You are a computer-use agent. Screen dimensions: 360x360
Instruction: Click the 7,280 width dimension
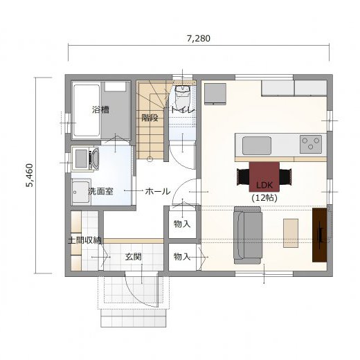point(199,39)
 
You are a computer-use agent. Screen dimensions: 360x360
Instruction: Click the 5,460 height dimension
point(30,175)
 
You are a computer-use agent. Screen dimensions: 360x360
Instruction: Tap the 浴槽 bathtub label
point(100,109)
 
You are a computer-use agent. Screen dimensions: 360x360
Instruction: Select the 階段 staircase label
point(150,118)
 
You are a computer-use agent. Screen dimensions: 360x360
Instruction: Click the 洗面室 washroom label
point(101,191)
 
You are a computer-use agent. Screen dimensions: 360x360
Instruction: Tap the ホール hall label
point(158,191)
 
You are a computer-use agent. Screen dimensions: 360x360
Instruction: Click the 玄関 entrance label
point(134,257)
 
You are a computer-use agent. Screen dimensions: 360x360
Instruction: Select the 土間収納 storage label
point(84,240)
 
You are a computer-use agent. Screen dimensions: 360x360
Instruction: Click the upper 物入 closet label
point(182,224)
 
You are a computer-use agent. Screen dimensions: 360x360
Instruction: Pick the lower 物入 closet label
point(182,257)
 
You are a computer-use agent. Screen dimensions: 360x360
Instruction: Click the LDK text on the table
point(264,185)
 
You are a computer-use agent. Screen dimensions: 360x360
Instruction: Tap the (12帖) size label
point(264,198)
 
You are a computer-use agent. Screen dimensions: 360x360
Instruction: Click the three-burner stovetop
point(311,145)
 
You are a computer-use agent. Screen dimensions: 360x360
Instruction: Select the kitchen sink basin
point(257,145)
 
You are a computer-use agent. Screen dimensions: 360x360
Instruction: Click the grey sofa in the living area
point(248,235)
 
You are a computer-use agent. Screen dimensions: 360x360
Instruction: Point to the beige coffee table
point(291,233)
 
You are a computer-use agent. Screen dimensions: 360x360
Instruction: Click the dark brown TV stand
point(320,235)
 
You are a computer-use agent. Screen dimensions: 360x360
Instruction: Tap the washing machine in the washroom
point(85,159)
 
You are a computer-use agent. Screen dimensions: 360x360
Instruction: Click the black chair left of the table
point(243,177)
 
